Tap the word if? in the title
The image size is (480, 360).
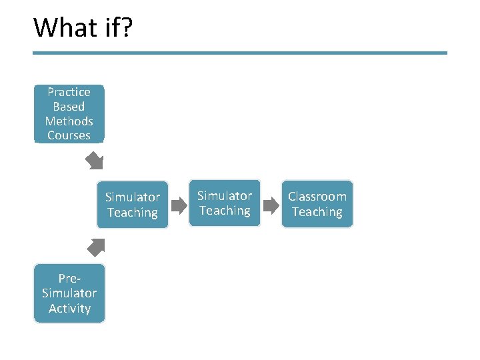(x=118, y=27)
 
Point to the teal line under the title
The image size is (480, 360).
(x=240, y=53)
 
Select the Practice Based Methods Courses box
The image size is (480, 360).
(x=69, y=113)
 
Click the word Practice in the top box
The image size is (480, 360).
(x=69, y=92)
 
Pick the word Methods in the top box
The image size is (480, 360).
(x=69, y=121)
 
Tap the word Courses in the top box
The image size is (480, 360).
(x=69, y=135)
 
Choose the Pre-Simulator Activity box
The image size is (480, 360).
(x=69, y=293)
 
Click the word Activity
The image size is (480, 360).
(x=69, y=308)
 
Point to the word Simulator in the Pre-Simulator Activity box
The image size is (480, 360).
(x=69, y=293)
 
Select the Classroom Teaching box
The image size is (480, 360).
(x=317, y=204)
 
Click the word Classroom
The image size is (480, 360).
(x=317, y=197)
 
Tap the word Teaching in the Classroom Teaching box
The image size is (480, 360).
(x=317, y=212)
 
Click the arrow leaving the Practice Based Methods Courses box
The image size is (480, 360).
(x=95, y=161)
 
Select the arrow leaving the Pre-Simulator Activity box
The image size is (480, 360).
(x=96, y=247)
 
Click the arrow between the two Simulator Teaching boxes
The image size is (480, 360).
(x=179, y=205)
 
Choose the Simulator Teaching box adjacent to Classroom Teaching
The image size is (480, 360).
(x=225, y=203)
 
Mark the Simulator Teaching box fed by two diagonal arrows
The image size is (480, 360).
(x=133, y=205)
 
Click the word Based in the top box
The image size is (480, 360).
(x=69, y=107)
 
